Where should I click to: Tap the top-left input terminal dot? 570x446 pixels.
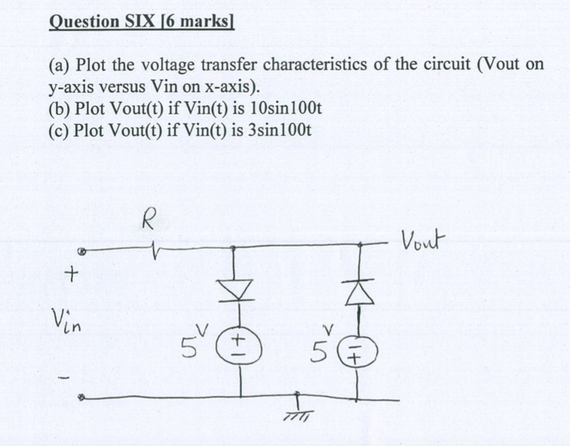(x=82, y=253)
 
